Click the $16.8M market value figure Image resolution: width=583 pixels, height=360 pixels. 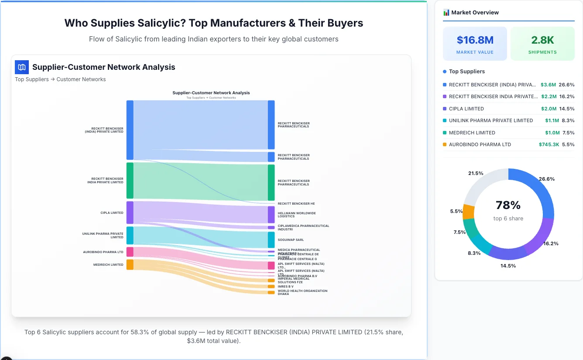475,40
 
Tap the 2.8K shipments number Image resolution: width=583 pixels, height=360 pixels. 542,40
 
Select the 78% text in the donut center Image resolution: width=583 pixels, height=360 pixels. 508,205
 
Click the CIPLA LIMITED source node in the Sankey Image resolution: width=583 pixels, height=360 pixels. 130,213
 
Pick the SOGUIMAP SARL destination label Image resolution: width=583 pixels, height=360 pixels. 291,240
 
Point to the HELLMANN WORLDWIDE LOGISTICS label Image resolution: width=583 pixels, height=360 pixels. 297,215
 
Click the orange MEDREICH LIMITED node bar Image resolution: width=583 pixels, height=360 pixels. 130,264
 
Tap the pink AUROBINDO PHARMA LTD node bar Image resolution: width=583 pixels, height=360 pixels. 130,252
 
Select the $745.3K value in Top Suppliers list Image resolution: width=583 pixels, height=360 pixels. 549,144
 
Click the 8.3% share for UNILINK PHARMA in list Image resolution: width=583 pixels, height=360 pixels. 568,120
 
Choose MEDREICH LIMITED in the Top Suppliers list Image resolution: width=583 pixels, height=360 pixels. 472,133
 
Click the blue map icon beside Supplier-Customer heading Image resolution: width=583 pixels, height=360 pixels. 22,67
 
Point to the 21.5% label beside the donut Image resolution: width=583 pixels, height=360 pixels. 476,173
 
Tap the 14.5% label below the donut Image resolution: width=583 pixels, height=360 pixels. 508,266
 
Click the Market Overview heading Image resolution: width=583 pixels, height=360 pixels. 475,13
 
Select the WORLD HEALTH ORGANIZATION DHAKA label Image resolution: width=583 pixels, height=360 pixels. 302,292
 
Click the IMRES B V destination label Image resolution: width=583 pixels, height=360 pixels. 286,287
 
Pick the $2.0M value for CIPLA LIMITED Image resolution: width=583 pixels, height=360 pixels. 549,109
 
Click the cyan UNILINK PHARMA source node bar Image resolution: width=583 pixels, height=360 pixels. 130,235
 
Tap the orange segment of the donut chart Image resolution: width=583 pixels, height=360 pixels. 469,211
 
